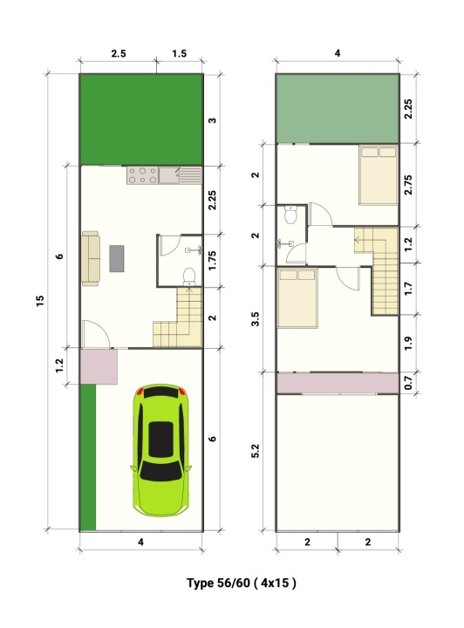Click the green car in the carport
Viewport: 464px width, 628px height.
pyautogui.click(x=161, y=450)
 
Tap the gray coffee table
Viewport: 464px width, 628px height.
pyautogui.click(x=117, y=259)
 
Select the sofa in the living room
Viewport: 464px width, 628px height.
pyautogui.click(x=91, y=258)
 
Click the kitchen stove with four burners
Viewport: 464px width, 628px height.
pyautogui.click(x=142, y=175)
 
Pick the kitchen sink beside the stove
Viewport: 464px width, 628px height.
pyautogui.click(x=180, y=175)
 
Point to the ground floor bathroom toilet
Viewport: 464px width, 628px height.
pyautogui.click(x=189, y=276)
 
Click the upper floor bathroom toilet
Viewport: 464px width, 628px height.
pyautogui.click(x=290, y=215)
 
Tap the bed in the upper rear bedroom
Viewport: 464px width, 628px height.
pyautogui.click(x=379, y=175)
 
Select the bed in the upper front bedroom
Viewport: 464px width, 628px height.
pyautogui.click(x=297, y=298)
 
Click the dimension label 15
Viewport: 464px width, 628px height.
pyautogui.click(x=40, y=301)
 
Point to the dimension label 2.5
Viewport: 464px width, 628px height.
pyautogui.click(x=119, y=53)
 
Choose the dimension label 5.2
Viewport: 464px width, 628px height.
pyautogui.click(x=256, y=451)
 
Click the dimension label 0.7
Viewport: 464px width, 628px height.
pyautogui.click(x=408, y=382)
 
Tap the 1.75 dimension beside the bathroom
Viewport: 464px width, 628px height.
pyautogui.click(x=212, y=260)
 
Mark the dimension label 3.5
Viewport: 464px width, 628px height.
pyautogui.click(x=256, y=318)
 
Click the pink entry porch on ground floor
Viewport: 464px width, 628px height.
pyautogui.click(x=99, y=366)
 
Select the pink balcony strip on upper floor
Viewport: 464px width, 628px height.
pyautogui.click(x=338, y=383)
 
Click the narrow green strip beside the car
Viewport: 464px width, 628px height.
pyautogui.click(x=88, y=457)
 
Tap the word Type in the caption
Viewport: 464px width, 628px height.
pyautogui.click(x=201, y=583)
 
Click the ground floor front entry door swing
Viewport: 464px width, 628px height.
pyautogui.click(x=96, y=333)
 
